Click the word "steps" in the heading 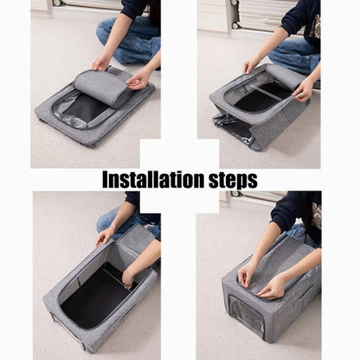click(230, 180)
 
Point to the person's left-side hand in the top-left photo click(101, 61)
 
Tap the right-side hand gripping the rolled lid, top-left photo click(138, 80)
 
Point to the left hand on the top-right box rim click(250, 65)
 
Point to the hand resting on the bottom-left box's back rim click(104, 236)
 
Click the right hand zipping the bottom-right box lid click(273, 286)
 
